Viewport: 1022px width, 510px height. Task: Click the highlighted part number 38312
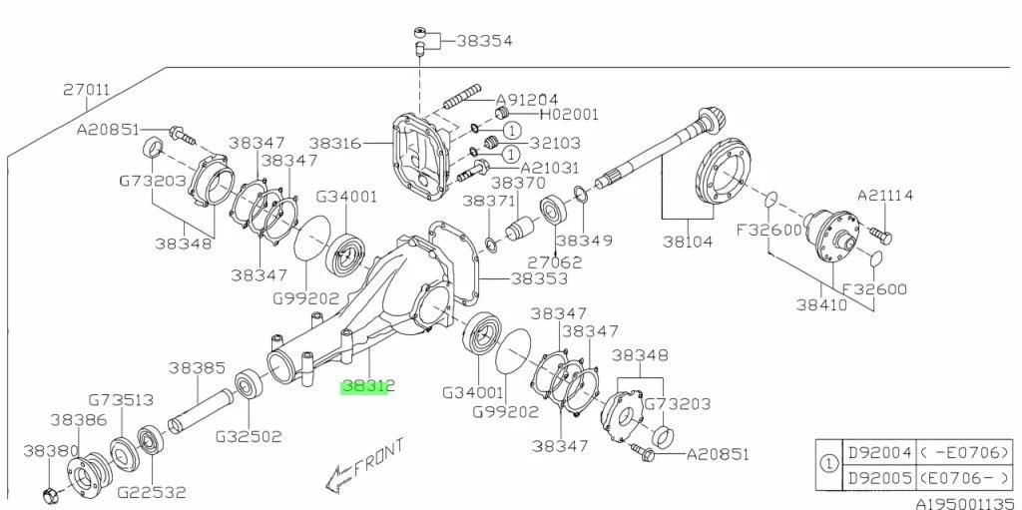pyautogui.click(x=368, y=385)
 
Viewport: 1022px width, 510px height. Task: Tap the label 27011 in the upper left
pyautogui.click(x=87, y=90)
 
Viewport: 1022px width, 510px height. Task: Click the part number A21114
pyautogui.click(x=885, y=196)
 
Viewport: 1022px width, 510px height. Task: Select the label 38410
pyautogui.click(x=821, y=304)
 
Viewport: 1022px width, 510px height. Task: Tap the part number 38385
pyautogui.click(x=197, y=367)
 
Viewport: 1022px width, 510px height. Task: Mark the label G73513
pyautogui.click(x=121, y=400)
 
